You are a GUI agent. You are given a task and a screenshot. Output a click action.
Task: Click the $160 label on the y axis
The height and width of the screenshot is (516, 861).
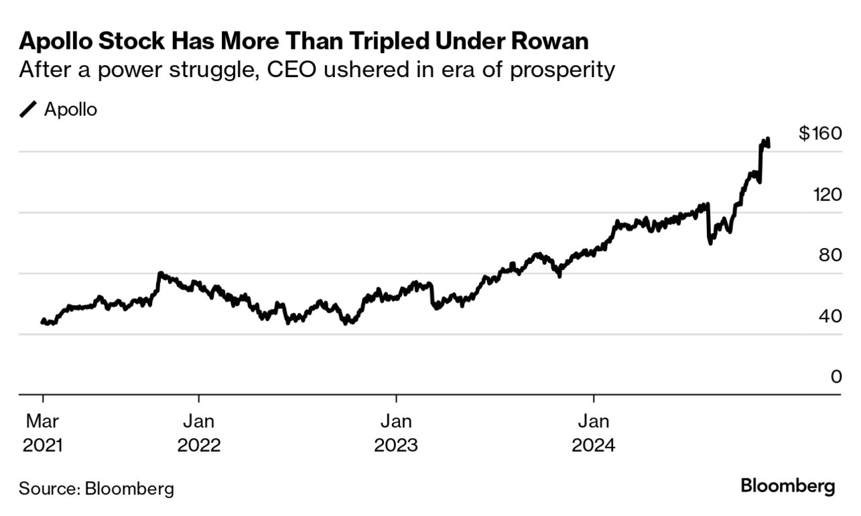(819, 133)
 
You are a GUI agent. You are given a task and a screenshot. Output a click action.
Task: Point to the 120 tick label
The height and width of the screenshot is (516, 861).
(825, 195)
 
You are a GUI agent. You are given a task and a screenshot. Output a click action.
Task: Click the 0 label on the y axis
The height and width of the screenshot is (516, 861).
(836, 377)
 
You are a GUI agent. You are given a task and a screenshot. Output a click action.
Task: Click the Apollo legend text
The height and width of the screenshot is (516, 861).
(70, 110)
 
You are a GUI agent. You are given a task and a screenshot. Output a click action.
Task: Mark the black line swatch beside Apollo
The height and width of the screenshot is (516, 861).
(29, 110)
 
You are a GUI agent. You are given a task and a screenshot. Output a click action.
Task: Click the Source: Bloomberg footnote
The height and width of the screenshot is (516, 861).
(96, 489)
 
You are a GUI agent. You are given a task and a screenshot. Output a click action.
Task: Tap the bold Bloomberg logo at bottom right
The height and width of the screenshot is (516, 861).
(788, 486)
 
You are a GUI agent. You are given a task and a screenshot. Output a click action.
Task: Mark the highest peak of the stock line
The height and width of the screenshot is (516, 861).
(767, 139)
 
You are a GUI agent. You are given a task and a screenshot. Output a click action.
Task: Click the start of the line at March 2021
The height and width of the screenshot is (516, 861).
(43, 322)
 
